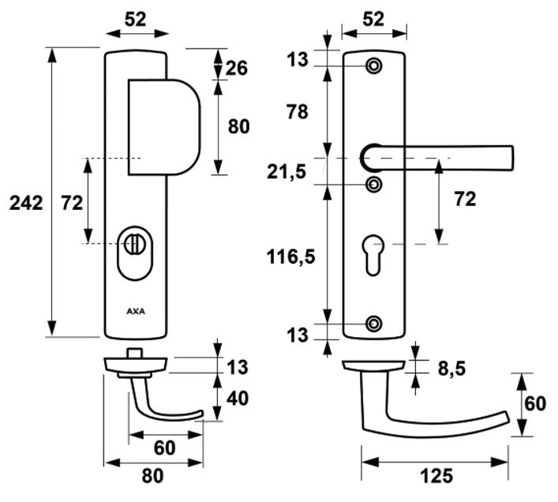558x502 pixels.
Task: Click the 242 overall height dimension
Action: [x=26, y=203]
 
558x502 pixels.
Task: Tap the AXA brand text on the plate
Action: [x=136, y=309]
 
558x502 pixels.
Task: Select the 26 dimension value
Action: [x=237, y=68]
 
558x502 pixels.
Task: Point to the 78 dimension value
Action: [x=298, y=112]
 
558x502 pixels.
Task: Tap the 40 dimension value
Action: [x=237, y=399]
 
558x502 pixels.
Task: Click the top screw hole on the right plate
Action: [x=374, y=66]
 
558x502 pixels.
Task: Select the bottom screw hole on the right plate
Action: [x=374, y=323]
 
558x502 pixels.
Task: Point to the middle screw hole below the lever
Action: [x=374, y=185]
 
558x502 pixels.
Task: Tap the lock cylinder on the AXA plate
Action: [x=136, y=245]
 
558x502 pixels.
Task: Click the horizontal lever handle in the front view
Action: [x=442, y=155]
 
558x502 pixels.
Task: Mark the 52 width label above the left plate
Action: [x=137, y=20]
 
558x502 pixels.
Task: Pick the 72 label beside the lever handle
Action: [x=465, y=199]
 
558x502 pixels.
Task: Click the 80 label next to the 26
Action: [x=238, y=126]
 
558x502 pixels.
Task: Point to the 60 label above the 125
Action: [x=535, y=403]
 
